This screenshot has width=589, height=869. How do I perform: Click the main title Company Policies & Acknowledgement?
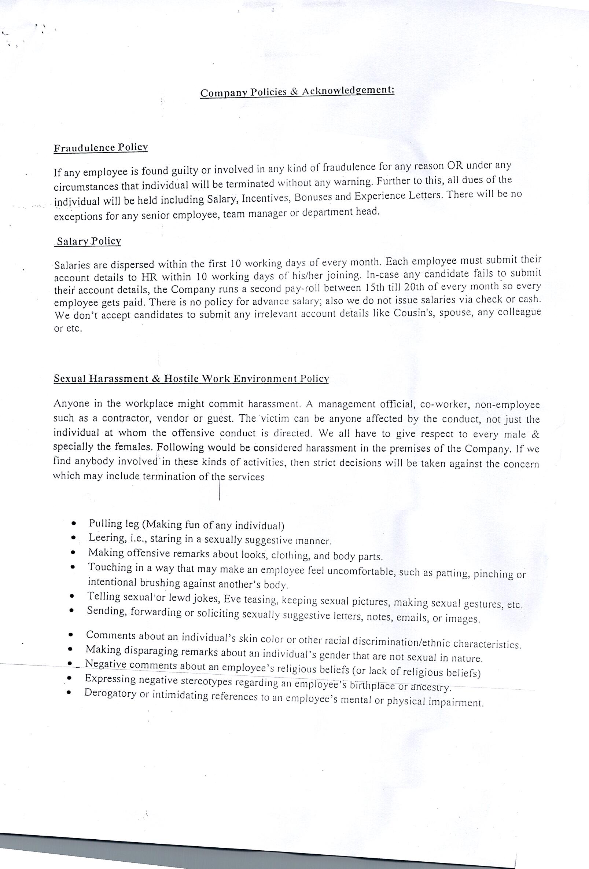pyautogui.click(x=297, y=92)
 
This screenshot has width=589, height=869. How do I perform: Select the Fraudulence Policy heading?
pyautogui.click(x=101, y=148)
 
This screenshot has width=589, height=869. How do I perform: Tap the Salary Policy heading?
pyautogui.click(x=89, y=242)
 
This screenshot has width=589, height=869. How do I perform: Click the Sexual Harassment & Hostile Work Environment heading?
pyautogui.click(x=191, y=378)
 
